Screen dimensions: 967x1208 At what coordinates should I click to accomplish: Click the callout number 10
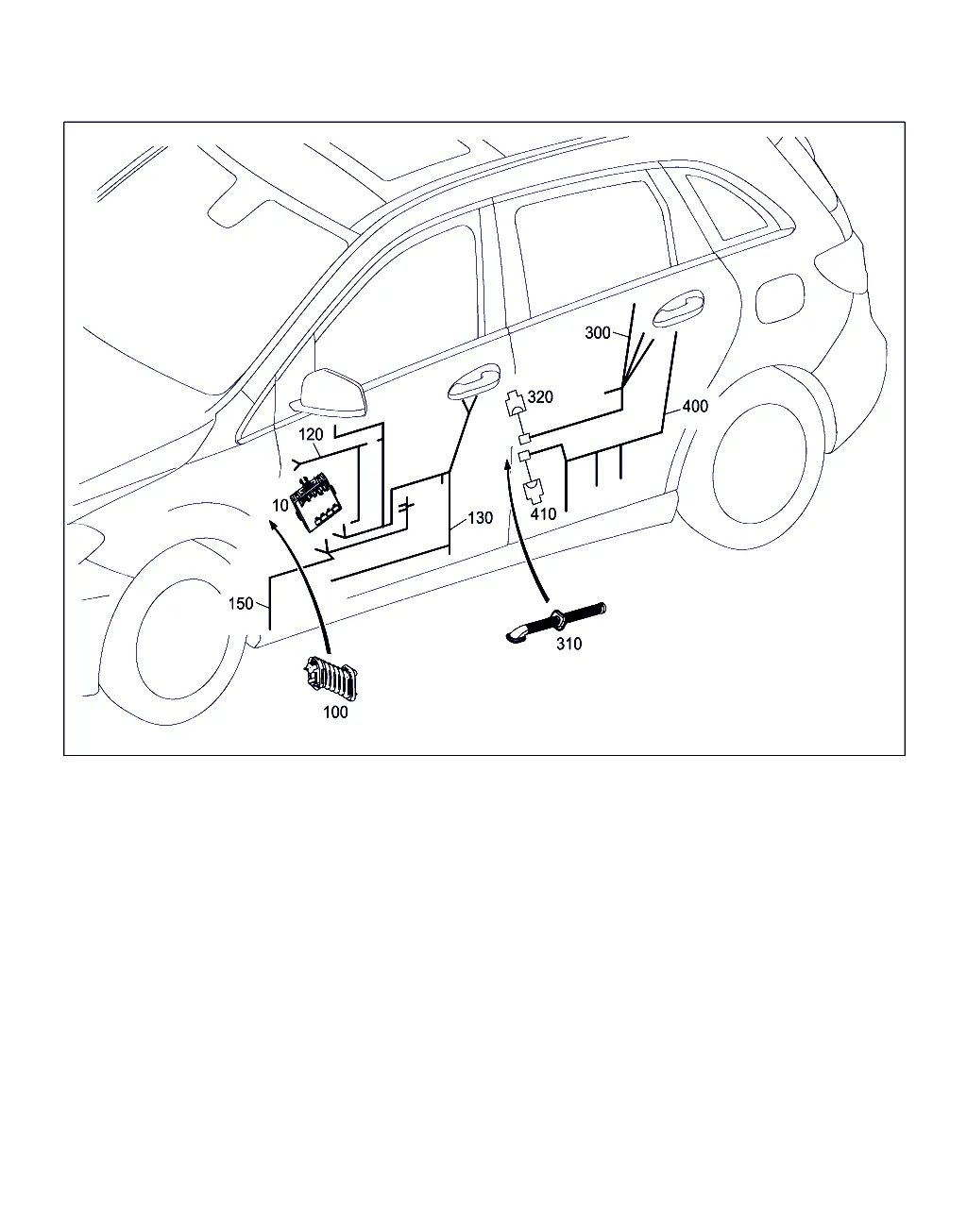tap(280, 505)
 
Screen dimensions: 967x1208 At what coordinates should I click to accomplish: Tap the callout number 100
tap(335, 712)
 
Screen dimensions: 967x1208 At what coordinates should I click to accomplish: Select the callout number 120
tap(311, 434)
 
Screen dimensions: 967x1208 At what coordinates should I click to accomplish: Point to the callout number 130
tap(480, 517)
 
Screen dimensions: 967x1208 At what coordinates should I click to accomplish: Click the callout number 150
tap(241, 603)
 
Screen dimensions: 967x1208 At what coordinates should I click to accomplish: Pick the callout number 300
tap(597, 333)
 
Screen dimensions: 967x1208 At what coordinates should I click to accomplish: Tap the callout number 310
tap(569, 644)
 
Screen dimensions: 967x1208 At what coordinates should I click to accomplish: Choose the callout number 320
tap(540, 397)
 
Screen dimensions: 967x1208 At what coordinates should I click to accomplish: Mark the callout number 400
tap(695, 407)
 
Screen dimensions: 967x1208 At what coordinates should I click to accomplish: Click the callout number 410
tap(543, 513)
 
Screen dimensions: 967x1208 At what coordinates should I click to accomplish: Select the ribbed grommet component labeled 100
tap(331, 679)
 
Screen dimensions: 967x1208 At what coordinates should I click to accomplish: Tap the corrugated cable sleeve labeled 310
tap(556, 623)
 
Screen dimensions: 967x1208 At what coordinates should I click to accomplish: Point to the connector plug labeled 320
tap(516, 402)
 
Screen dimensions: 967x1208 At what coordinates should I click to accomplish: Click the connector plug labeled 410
tap(534, 490)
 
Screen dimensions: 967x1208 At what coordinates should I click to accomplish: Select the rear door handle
tap(678, 309)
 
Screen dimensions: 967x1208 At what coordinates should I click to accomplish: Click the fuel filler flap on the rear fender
tap(780, 298)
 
